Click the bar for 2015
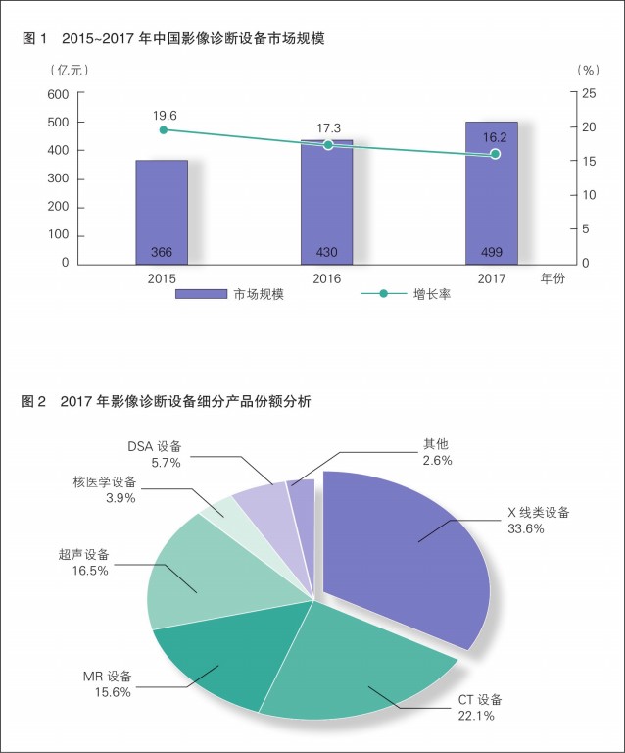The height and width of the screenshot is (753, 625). (162, 211)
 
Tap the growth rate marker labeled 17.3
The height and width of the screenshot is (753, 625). (328, 145)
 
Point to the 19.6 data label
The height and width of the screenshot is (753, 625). (165, 115)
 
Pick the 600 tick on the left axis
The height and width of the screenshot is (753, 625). (58, 94)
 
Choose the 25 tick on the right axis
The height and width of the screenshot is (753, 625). (588, 94)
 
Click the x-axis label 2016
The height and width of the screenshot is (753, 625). (327, 279)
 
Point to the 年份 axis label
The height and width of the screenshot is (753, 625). (553, 279)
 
